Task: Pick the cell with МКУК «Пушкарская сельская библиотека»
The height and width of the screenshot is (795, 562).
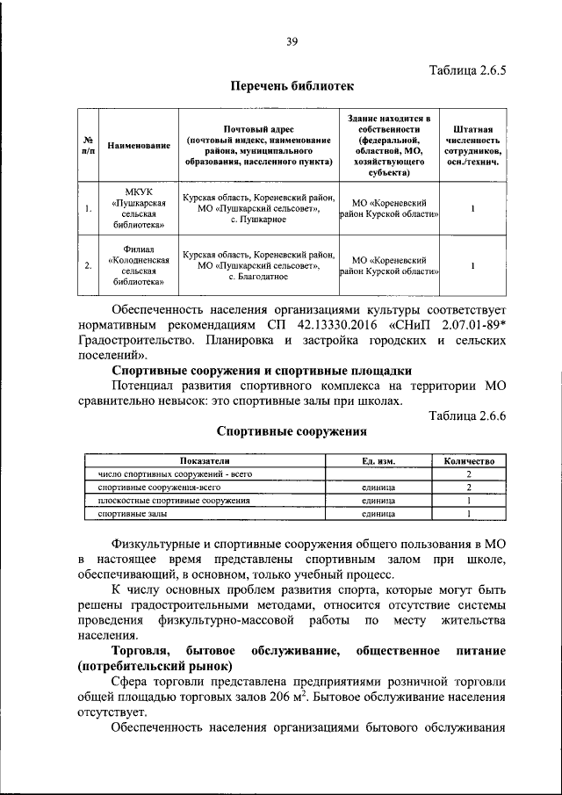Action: [x=138, y=209]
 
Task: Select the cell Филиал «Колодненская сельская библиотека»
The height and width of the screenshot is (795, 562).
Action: [x=138, y=265]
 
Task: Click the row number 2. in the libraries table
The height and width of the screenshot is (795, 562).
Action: [x=89, y=265]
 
